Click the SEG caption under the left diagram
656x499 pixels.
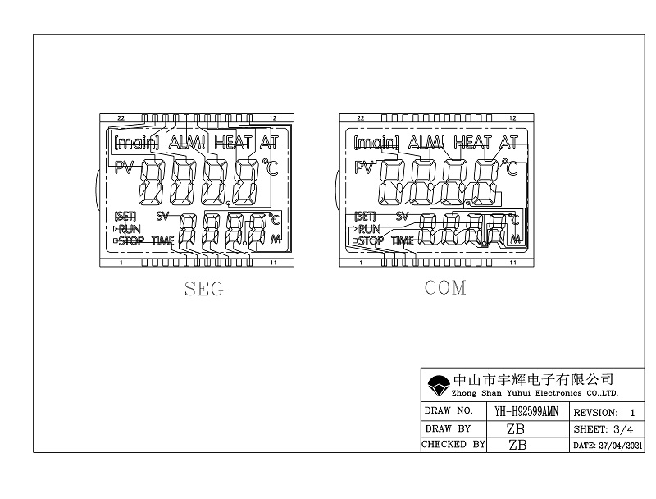coord(204,289)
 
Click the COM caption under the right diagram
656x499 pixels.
coord(445,288)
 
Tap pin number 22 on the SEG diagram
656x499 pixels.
coord(121,118)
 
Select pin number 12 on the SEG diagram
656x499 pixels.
coord(273,118)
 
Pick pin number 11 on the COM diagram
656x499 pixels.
coord(512,263)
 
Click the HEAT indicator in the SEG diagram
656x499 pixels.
coord(233,141)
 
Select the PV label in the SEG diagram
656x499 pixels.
coord(123,168)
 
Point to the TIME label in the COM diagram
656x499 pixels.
coord(403,241)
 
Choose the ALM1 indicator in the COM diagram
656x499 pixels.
coord(426,141)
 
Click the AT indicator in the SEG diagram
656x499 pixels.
coord(269,141)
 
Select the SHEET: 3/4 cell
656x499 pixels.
coord(603,428)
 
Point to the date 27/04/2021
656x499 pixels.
coord(608,445)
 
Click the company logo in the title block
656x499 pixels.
coord(438,384)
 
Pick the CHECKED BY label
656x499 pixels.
coord(453,445)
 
